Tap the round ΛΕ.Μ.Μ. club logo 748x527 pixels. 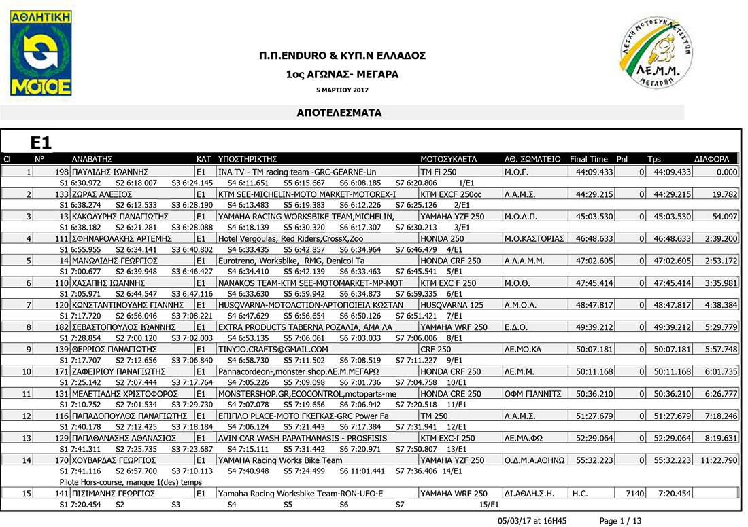tap(656, 53)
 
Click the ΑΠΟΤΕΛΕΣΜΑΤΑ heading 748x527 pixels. tap(339, 113)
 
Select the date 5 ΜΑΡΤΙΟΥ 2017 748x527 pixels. tap(342, 90)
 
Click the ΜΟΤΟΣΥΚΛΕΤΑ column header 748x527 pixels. tap(448, 160)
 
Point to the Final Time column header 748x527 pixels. tap(589, 160)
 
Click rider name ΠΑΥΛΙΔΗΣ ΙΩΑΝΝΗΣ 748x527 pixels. tap(110, 172)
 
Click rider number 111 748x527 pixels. tap(62, 239)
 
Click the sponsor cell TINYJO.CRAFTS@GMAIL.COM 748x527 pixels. tap(273, 350)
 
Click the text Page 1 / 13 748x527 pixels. tap(619, 521)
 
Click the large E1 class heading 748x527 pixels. tap(41, 143)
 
